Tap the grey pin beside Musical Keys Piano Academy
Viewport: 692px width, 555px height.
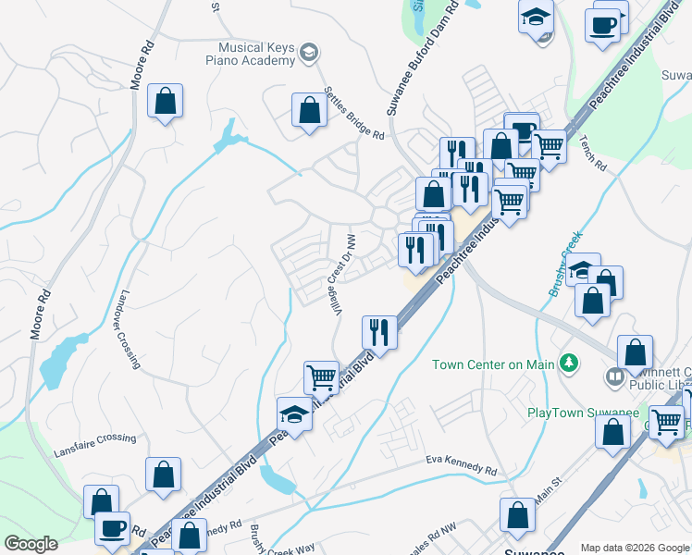pos(309,53)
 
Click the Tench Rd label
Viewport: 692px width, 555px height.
pos(594,154)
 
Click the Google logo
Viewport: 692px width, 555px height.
pos(31,544)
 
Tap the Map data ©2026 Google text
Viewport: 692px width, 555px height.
pos(635,548)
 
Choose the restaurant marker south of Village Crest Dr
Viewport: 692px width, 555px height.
pos(379,331)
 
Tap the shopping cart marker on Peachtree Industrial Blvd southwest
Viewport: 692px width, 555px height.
pos(321,376)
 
